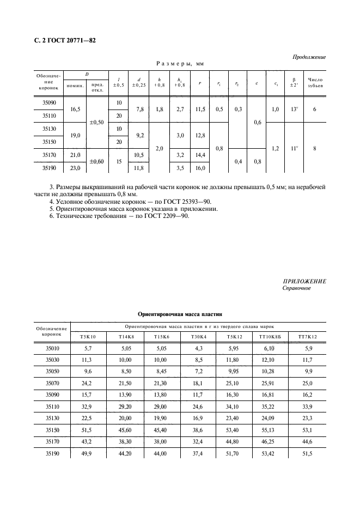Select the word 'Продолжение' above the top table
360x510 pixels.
click(x=309, y=57)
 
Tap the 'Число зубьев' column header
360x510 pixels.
click(x=315, y=81)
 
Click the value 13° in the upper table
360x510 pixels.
click(x=294, y=110)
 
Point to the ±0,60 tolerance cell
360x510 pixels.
click(x=96, y=161)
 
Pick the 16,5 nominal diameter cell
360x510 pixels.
click(x=75, y=110)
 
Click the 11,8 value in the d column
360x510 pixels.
click(x=138, y=168)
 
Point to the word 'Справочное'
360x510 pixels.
click(x=297, y=288)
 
